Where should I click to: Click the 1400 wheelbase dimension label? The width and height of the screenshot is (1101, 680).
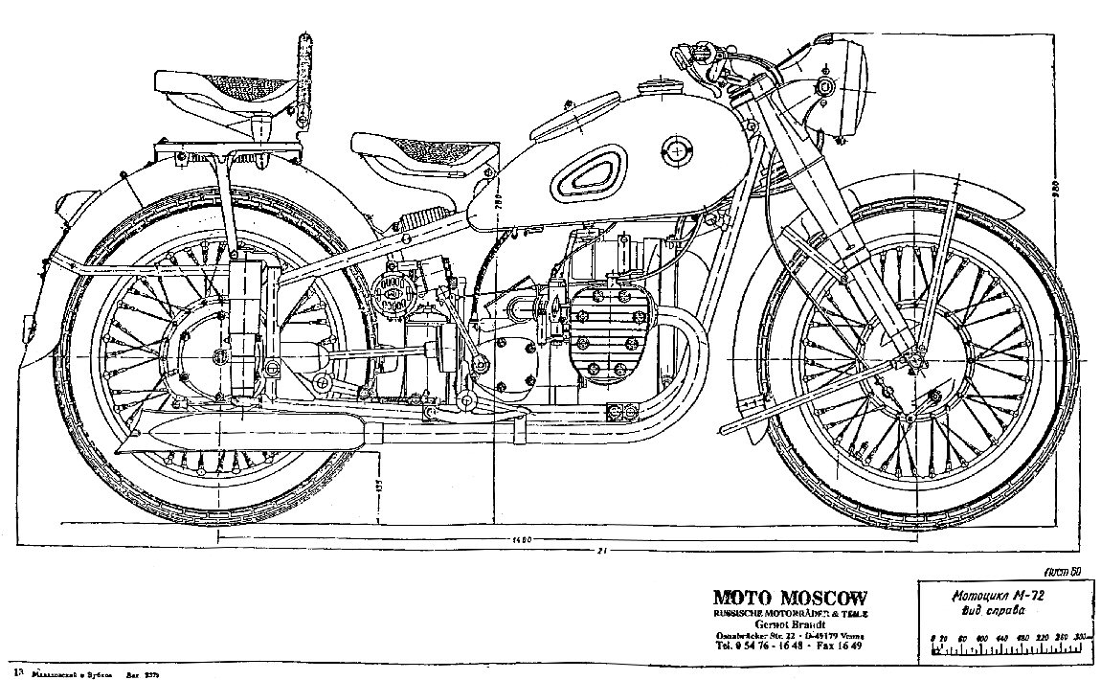tap(520, 541)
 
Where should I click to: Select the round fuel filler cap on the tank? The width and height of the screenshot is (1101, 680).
tap(678, 149)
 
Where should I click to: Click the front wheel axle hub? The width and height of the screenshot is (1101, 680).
tap(913, 361)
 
